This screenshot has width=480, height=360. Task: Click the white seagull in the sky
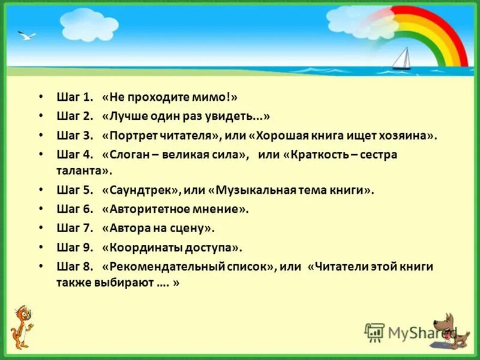(26, 36)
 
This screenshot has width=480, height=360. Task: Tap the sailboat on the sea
(401, 59)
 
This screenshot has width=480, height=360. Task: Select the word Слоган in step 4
(131, 155)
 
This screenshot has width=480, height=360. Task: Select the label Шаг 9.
(76, 247)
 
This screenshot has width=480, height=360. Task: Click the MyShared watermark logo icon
(374, 332)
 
